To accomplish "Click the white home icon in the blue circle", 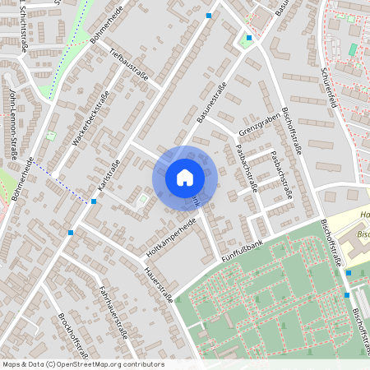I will point(184,178).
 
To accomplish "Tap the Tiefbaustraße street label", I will point(128,65).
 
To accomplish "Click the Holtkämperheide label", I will point(171,234).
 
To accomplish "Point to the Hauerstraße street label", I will point(159,284).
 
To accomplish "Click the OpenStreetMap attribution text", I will point(83,364).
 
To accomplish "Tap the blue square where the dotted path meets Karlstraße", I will point(94,201).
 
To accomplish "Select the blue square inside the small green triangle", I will point(249,38).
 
